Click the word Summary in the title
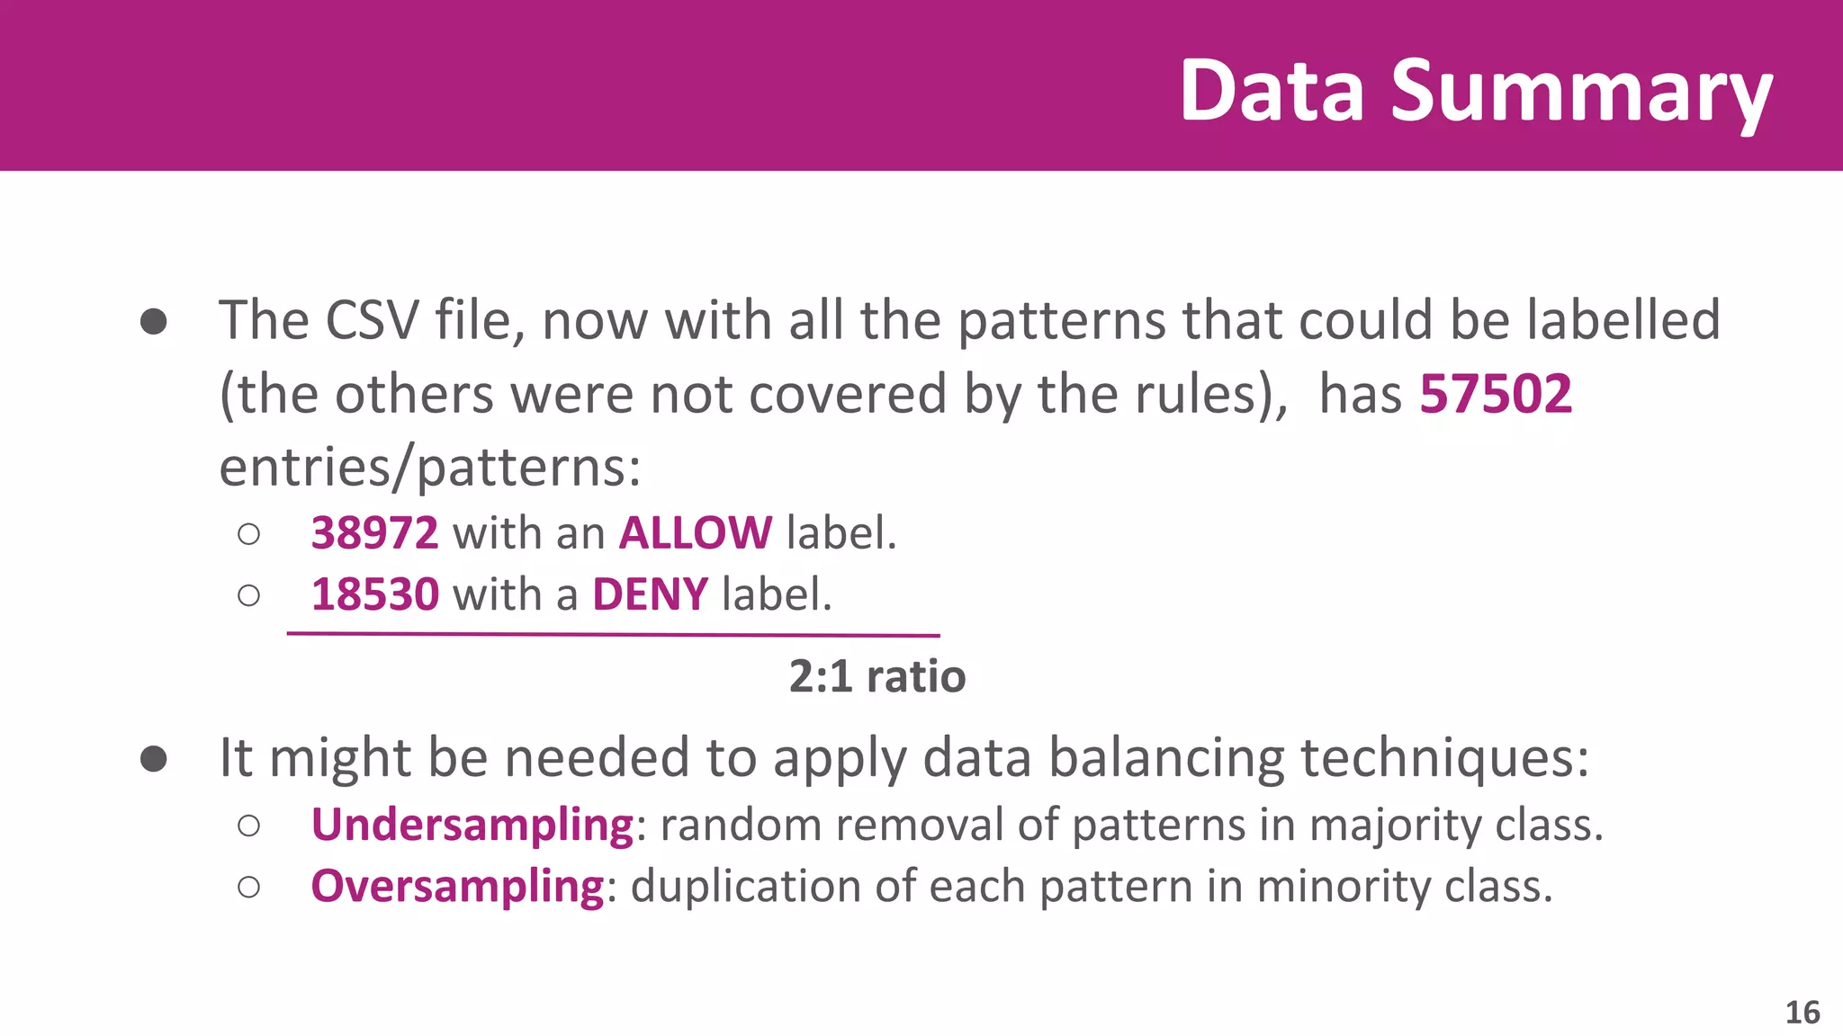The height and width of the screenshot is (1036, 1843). point(1581,92)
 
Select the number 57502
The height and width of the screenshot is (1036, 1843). point(1496,394)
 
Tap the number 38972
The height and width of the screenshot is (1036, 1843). point(374,532)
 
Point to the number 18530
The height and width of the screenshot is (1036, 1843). point(374,594)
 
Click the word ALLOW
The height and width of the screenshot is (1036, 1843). point(695,532)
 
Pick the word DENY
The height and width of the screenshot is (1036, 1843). point(650,594)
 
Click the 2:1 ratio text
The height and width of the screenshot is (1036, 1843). point(877,676)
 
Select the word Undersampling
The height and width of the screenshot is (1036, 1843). point(472,825)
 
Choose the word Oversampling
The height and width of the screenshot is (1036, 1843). point(457,887)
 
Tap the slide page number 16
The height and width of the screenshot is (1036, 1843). point(1802,1013)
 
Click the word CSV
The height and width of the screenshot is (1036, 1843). point(372,320)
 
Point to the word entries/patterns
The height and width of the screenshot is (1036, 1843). point(430,468)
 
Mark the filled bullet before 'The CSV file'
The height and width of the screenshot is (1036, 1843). point(154,322)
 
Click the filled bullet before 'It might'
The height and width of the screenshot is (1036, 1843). point(154,759)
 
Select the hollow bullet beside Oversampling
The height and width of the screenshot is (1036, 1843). point(249,887)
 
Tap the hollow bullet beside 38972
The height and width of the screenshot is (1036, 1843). point(249,534)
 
